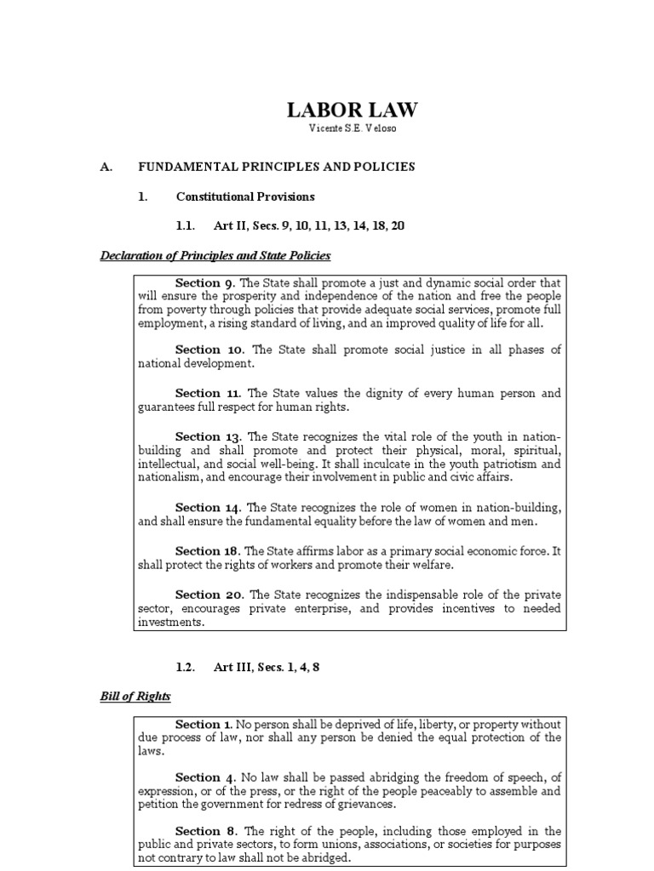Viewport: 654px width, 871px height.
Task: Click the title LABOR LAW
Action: (x=352, y=110)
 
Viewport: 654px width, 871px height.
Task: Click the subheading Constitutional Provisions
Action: (x=245, y=196)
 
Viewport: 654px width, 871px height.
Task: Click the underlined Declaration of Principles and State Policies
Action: (x=215, y=255)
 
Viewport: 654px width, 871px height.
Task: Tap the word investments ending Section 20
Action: (x=171, y=622)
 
